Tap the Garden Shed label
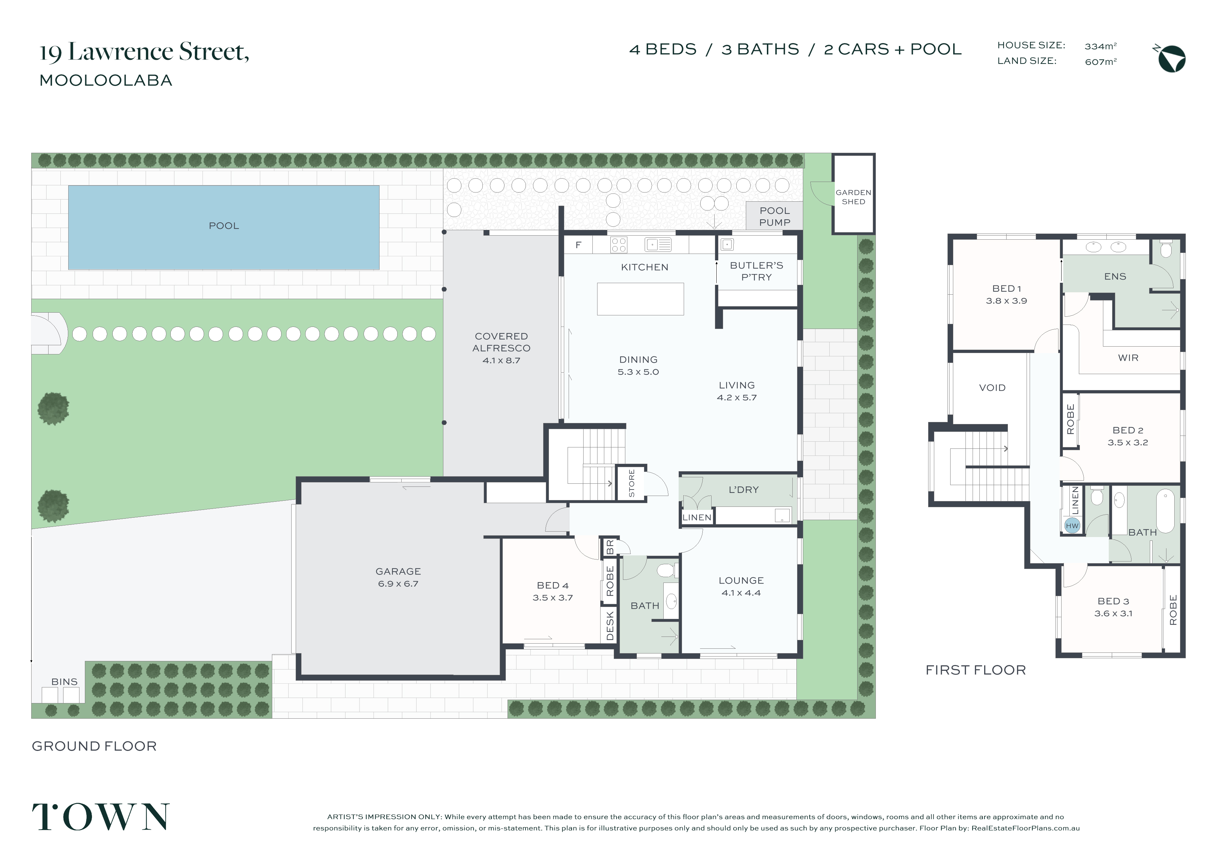coord(853,197)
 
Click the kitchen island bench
coord(640,299)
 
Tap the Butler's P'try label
coord(756,271)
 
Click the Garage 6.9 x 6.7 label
coord(398,577)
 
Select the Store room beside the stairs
coord(631,483)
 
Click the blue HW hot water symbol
coord(1072,526)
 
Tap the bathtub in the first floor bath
coord(1165,512)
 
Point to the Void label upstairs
coord(992,388)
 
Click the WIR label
coord(1128,358)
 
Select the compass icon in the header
coord(1171,58)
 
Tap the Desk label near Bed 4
coord(610,626)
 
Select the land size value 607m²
coord(1100,61)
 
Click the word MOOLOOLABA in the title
coord(106,80)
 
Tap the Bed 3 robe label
coord(1173,609)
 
